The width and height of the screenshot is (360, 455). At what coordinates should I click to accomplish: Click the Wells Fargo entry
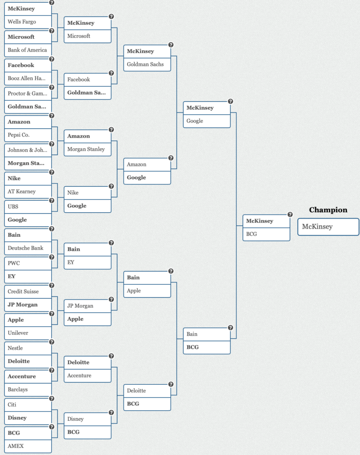[x=28, y=22]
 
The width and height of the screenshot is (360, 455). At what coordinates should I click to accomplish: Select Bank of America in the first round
[x=28, y=50]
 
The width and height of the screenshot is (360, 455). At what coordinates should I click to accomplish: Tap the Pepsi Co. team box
[x=28, y=135]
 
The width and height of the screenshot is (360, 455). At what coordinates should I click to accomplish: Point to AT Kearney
[x=28, y=192]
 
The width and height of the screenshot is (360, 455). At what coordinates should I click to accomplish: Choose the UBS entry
[x=28, y=207]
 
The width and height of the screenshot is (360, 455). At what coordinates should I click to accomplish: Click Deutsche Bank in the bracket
[x=28, y=248]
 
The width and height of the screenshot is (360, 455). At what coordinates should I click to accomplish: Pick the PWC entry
[x=28, y=263]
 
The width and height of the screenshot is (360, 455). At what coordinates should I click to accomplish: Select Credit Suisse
[x=28, y=291]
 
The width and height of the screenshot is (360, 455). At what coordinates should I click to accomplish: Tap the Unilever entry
[x=28, y=333]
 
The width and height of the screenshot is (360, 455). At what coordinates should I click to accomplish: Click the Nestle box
[x=28, y=348]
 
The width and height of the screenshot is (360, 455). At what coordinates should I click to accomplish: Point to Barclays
[x=28, y=389]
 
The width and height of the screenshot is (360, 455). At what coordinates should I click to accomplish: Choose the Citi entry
[x=28, y=404]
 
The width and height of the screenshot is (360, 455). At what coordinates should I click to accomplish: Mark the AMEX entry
[x=28, y=446]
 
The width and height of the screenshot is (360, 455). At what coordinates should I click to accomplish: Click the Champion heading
[x=328, y=210]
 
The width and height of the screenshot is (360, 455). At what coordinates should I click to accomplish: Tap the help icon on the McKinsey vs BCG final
[x=290, y=215]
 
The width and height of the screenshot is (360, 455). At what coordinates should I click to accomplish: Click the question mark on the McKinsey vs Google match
[x=231, y=101]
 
